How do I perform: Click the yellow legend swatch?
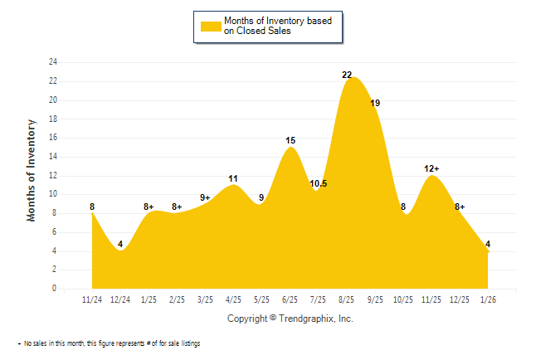(x=211, y=26)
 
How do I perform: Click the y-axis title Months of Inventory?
(x=32, y=171)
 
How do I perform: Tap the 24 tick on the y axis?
(x=53, y=62)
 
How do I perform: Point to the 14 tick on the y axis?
(x=53, y=157)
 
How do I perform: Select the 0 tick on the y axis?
(x=55, y=289)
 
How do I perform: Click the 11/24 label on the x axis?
(x=92, y=299)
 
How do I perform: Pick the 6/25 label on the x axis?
(x=290, y=299)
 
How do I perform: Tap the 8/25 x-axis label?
(x=346, y=299)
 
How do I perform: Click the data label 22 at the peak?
(x=347, y=75)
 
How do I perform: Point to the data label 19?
(x=375, y=103)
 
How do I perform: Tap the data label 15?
(x=290, y=141)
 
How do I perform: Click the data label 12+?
(x=431, y=168)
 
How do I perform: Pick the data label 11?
(x=233, y=178)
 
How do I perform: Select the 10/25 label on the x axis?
(x=402, y=299)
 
